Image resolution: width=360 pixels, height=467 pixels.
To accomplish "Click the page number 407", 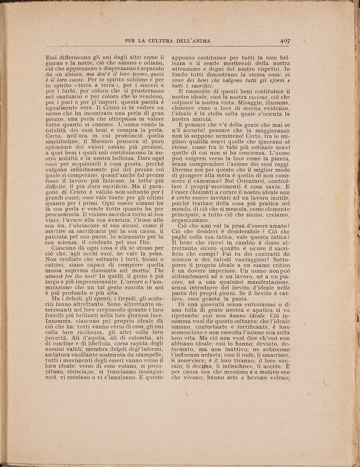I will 284,41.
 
